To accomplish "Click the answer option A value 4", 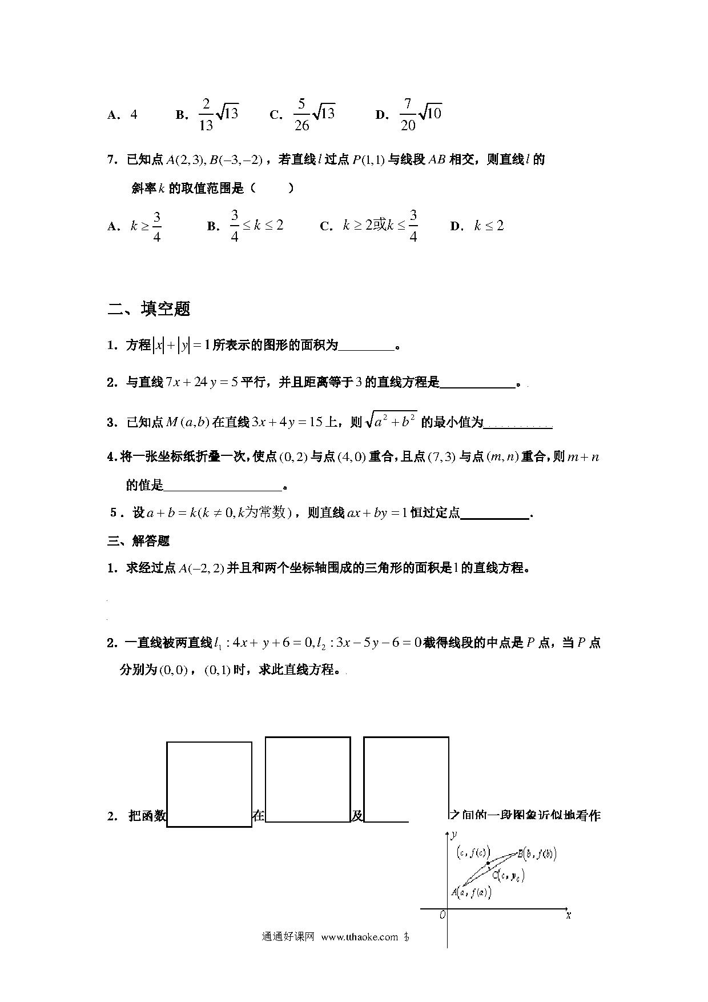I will pos(134,114).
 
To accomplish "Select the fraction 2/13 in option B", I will pos(206,115).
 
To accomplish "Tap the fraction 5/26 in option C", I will pos(301,115).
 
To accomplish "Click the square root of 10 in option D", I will pos(431,113).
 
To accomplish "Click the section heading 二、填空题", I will pos(149,309).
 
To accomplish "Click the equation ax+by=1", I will pos(377,513).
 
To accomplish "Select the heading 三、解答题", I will pos(139,540).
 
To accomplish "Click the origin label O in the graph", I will pos(442,915).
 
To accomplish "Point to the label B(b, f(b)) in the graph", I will pos(537,854).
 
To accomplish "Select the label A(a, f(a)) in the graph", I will pos(471,892).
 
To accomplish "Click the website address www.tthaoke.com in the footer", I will pos(359,936).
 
